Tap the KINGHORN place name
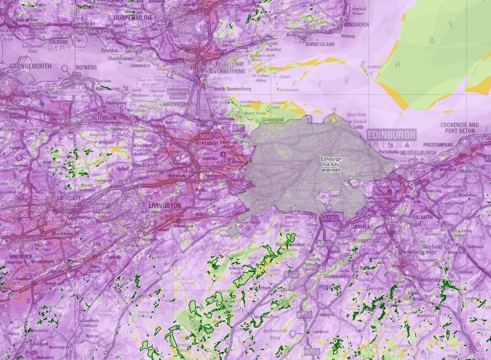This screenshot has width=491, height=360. (356, 25)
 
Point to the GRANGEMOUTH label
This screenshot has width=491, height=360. (30, 66)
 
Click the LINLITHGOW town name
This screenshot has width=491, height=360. (102, 117)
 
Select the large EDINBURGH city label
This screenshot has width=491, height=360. (392, 135)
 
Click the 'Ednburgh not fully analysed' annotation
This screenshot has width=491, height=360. (331, 164)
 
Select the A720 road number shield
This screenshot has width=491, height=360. (330, 219)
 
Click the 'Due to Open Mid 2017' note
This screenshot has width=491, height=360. (151, 83)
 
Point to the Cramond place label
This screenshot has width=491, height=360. (273, 119)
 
